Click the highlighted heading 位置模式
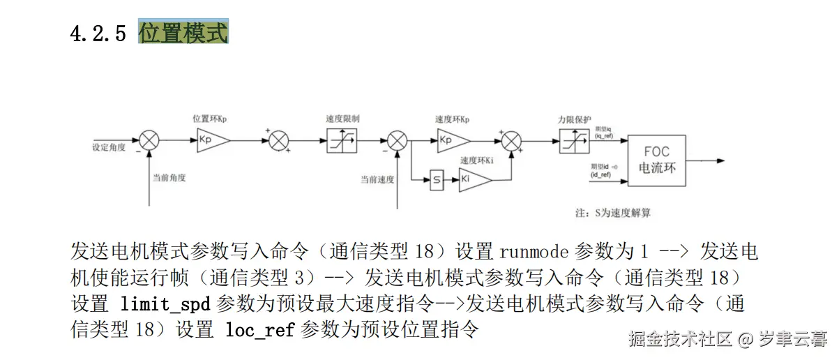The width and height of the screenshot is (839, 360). click(x=183, y=33)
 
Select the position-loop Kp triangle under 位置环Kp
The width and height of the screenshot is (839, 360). click(x=211, y=140)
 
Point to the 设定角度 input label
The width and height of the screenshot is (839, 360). click(x=109, y=148)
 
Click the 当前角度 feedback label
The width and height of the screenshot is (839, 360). click(x=169, y=178)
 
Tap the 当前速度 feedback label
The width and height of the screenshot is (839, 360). click(x=377, y=179)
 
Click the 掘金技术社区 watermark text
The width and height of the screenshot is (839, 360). click(x=680, y=340)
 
